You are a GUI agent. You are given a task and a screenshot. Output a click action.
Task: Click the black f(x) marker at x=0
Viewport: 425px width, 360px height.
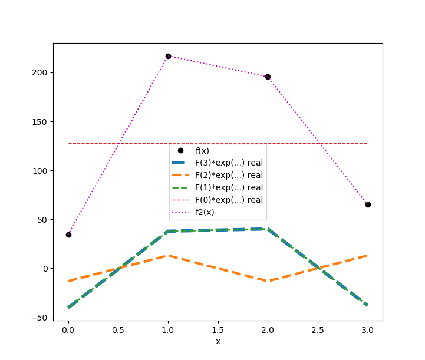click(68, 235)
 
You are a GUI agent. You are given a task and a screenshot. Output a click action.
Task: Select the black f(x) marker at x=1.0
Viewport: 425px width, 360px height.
click(168, 56)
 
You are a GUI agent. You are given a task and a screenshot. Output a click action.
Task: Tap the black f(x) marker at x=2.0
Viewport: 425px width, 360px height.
click(268, 77)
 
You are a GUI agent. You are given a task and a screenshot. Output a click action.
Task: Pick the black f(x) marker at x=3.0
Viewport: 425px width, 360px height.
click(368, 204)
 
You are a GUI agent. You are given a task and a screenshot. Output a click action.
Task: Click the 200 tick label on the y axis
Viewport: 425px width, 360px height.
click(41, 73)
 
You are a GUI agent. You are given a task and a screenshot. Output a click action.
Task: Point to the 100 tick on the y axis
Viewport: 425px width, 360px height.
click(41, 171)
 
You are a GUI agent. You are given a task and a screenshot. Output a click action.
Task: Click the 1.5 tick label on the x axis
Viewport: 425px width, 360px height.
click(218, 329)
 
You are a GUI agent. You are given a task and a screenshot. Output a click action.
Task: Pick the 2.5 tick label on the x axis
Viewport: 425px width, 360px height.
click(318, 329)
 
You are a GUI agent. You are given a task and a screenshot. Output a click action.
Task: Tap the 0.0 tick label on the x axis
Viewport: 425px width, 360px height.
click(68, 329)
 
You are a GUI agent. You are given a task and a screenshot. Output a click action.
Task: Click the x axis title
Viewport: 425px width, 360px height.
click(218, 341)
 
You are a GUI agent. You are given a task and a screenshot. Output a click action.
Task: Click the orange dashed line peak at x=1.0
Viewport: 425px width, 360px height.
click(168, 256)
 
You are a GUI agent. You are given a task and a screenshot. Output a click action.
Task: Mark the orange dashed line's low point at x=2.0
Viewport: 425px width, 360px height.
click(268, 281)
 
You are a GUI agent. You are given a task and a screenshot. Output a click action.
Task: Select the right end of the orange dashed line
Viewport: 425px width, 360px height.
click(368, 256)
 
